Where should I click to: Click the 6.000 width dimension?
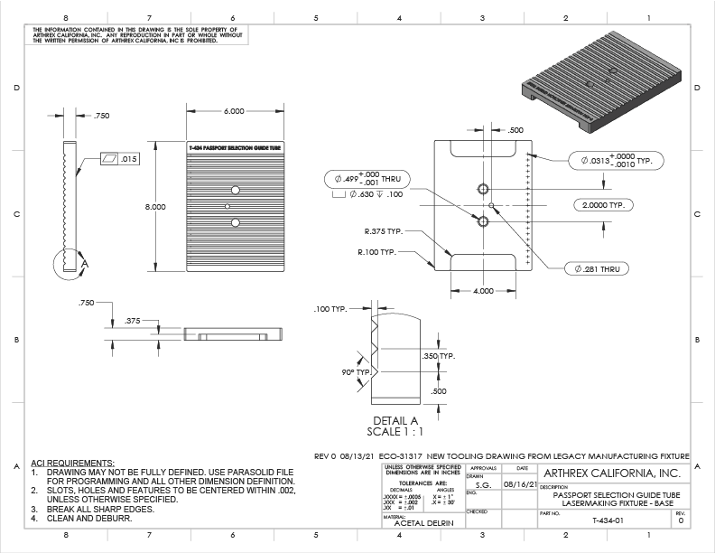click(233, 111)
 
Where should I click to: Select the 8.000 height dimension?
click(155, 207)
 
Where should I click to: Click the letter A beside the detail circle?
click(85, 263)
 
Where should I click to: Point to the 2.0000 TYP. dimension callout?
click(604, 206)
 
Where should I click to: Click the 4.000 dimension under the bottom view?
click(484, 291)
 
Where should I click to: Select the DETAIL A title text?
click(395, 421)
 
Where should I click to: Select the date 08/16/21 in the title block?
click(520, 485)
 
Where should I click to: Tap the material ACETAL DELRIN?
click(415, 523)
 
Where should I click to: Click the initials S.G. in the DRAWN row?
click(484, 485)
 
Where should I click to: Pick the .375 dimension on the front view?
click(132, 320)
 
